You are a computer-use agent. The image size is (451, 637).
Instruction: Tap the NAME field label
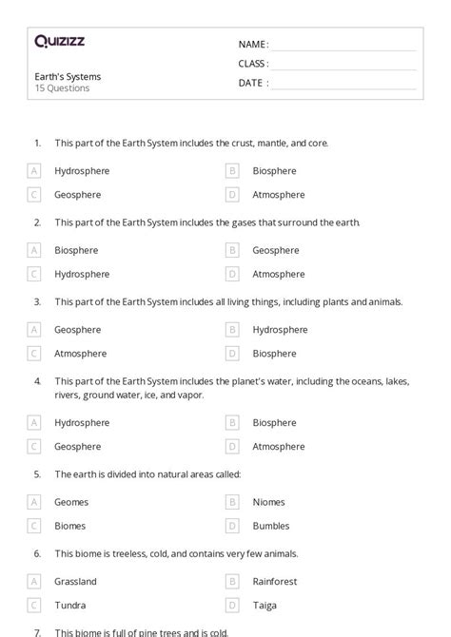[x=252, y=44]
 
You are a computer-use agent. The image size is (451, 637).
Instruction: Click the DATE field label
[x=252, y=83]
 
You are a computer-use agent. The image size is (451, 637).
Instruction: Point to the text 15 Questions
[x=62, y=88]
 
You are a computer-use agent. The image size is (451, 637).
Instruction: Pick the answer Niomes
[x=268, y=502]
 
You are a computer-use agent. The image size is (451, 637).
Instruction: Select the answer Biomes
[x=70, y=526]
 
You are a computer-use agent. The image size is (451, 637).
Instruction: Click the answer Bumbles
[x=270, y=526]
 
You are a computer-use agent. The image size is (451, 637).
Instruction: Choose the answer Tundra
[x=69, y=605]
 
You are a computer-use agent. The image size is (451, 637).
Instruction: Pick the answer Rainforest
[x=275, y=581]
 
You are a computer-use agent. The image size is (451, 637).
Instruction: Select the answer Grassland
[x=75, y=581]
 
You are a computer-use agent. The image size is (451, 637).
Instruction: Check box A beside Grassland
[x=34, y=581]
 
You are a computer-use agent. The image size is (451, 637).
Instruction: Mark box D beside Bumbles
[x=232, y=526]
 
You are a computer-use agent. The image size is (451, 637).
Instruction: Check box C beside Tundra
[x=34, y=605]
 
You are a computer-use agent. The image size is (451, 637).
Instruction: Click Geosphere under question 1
[x=77, y=195]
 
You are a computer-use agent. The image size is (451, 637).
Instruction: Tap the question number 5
[x=37, y=473]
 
